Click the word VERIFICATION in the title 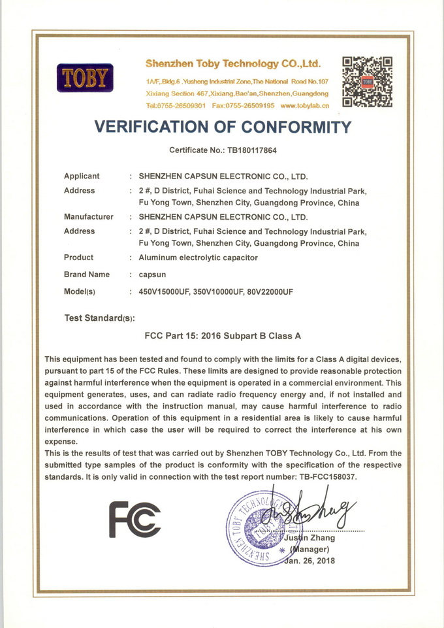(x=162, y=126)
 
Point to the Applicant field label (x=82, y=176)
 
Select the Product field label (x=78, y=257)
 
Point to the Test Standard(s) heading (x=99, y=318)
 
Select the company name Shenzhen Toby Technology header (x=233, y=64)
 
